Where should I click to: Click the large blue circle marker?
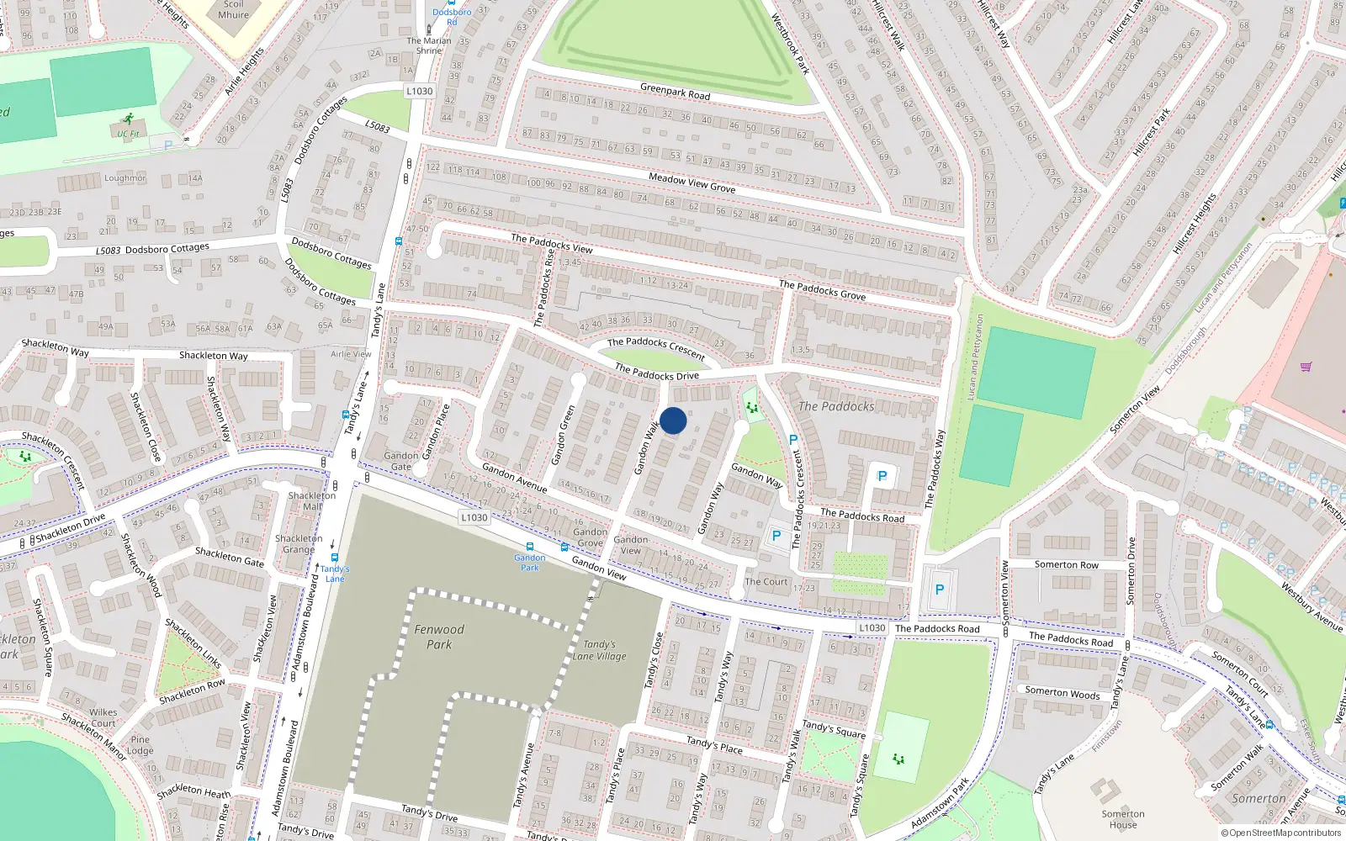(673, 420)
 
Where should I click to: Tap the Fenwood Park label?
(438, 637)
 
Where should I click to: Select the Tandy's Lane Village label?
(599, 650)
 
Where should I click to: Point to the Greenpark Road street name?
(675, 92)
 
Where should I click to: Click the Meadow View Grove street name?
(692, 182)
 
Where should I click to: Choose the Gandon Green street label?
(563, 435)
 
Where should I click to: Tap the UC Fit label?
(128, 134)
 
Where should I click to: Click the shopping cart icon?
(1306, 367)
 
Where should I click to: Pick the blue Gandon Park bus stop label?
(530, 562)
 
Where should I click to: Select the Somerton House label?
(1122, 819)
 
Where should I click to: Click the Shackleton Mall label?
(311, 501)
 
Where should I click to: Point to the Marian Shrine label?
(429, 45)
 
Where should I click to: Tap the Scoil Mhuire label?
(233, 9)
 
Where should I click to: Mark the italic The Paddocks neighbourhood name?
(836, 406)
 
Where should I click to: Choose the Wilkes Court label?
(103, 717)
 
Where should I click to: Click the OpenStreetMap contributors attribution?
(1281, 833)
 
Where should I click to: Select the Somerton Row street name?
(1067, 565)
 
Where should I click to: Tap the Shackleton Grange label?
(298, 543)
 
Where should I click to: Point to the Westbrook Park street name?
(790, 44)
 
